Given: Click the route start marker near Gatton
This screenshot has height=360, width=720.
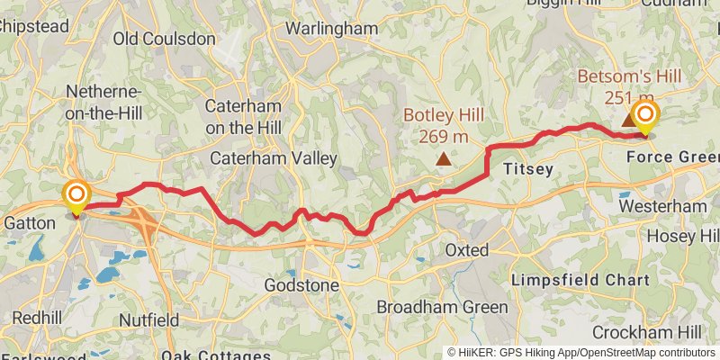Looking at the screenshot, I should click(76, 195).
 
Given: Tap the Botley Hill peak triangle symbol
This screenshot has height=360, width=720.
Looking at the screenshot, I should click(443, 160).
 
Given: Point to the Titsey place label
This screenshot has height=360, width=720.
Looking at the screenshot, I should click(526, 168).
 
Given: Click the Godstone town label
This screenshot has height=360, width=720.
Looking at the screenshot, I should click(302, 285).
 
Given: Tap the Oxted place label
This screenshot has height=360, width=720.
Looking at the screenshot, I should click(466, 250).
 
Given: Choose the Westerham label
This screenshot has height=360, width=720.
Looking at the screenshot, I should click(663, 206).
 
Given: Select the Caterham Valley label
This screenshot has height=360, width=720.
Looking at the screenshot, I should click(273, 158).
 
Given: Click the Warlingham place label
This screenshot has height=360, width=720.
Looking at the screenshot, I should click(331, 29).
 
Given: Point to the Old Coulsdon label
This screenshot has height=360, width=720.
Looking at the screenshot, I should click(165, 39).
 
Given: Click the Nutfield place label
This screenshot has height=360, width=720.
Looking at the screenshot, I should click(148, 319).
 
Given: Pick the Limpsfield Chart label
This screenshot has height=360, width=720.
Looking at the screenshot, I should click(580, 281).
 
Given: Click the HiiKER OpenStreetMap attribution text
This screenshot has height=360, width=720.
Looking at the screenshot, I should click(581, 353).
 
